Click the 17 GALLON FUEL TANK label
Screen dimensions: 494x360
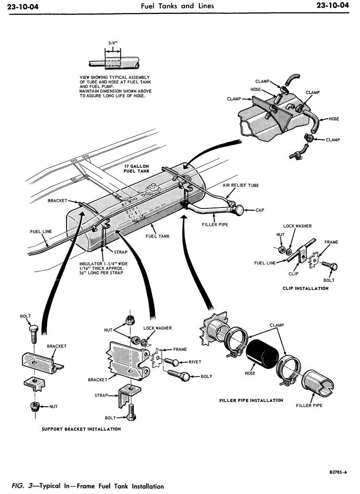pyautogui.click(x=137, y=168)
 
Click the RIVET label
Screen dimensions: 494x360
pyautogui.click(x=195, y=362)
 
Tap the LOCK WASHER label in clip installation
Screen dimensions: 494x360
pyautogui.click(x=297, y=226)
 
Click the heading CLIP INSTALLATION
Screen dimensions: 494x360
pyautogui.click(x=305, y=288)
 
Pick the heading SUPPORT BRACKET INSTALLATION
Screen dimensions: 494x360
pyautogui.click(x=81, y=429)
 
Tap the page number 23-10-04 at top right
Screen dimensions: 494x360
pyautogui.click(x=333, y=6)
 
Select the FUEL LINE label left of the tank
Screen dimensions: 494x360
pyautogui.click(x=41, y=232)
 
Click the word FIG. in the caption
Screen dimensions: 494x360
pyautogui.click(x=19, y=486)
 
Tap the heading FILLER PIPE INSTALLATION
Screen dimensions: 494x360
pyautogui.click(x=251, y=400)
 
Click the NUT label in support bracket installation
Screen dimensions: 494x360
pyautogui.click(x=53, y=407)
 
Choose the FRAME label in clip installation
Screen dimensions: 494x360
pyautogui.click(x=331, y=242)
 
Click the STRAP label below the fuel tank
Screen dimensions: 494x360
pyautogui.click(x=120, y=252)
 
